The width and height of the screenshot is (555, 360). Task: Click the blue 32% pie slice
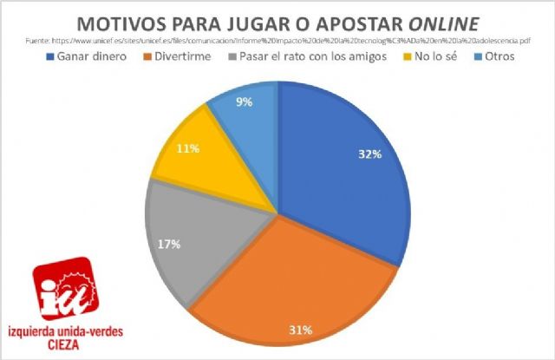coord(347,173)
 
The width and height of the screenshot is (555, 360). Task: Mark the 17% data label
coord(169,244)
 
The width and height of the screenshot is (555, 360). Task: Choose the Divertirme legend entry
coord(181,56)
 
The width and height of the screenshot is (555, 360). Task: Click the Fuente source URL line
coord(277,39)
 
